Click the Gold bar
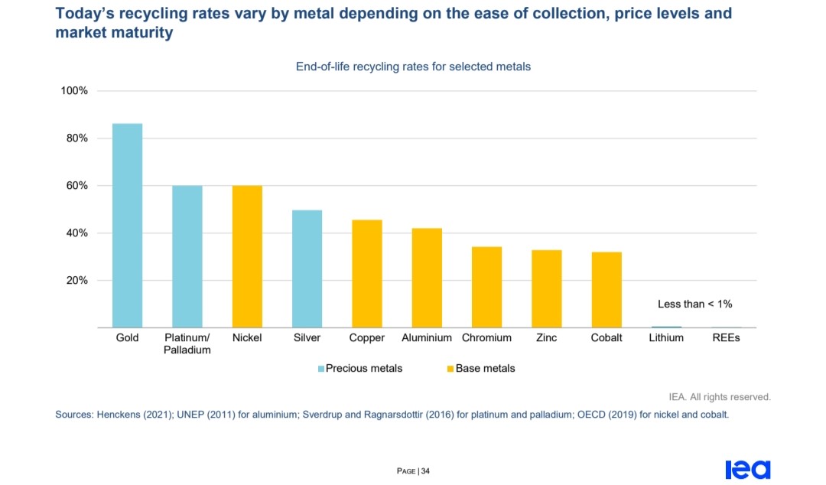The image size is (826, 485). [x=127, y=226]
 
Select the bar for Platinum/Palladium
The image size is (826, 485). [x=187, y=256]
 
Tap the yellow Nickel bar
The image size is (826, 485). [x=247, y=256]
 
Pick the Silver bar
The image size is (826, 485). [x=307, y=269]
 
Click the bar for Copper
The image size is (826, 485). [x=367, y=274]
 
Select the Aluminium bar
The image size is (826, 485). [x=427, y=278]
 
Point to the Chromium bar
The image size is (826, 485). [x=486, y=287]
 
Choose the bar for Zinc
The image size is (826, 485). [x=547, y=288]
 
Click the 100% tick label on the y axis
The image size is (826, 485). [x=74, y=91]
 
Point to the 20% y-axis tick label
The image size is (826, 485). [x=77, y=281]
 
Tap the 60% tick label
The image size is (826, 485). [x=77, y=186]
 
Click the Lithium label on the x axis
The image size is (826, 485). [x=666, y=337]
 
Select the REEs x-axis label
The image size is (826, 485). [x=726, y=337]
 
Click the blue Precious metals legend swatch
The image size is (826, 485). [x=321, y=369]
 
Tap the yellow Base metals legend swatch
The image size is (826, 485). [x=450, y=369]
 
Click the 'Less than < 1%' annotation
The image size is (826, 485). [x=694, y=304]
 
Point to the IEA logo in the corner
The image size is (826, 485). [x=748, y=469]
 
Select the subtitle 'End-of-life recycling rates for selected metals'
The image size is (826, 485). [x=413, y=67]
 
